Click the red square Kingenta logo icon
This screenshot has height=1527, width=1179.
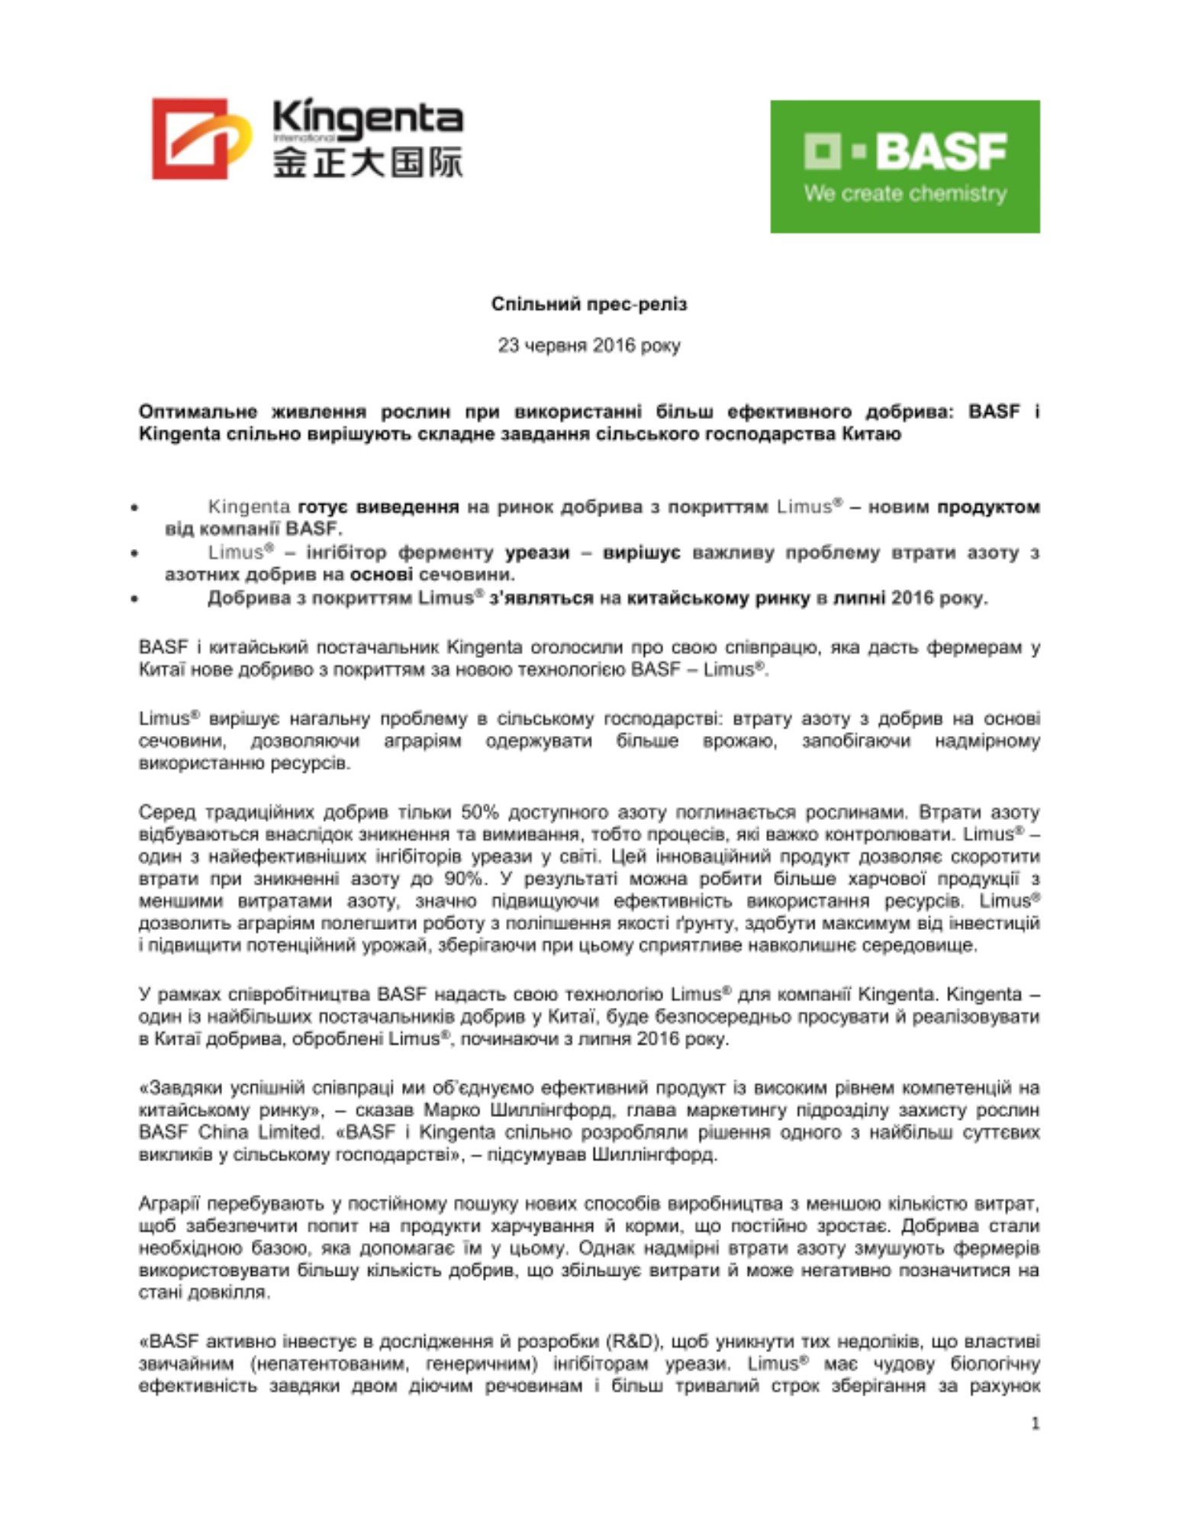click(x=191, y=138)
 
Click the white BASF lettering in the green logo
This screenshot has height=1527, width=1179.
click(x=940, y=151)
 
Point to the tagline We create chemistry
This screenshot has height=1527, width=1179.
click(x=904, y=193)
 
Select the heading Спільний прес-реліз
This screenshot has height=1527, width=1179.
click(x=588, y=304)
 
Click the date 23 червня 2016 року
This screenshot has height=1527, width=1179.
click(x=588, y=345)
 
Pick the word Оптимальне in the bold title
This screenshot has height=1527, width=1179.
click(x=197, y=412)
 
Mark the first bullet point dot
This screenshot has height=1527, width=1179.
click(x=135, y=507)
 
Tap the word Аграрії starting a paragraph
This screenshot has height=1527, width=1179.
click(x=168, y=1203)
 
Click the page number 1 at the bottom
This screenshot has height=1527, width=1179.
click(x=1035, y=1423)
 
